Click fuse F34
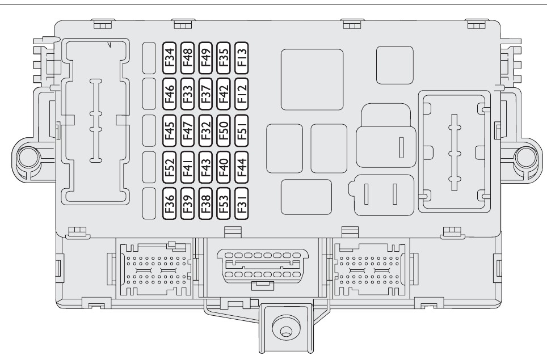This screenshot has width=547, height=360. (169, 57)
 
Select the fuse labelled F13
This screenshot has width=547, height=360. (242, 57)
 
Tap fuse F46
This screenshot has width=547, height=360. (169, 93)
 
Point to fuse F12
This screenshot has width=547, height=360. (242, 93)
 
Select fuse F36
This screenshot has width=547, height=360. (169, 202)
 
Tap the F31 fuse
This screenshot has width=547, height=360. (242, 202)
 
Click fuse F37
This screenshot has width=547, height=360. (205, 93)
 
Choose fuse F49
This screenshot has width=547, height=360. (205, 57)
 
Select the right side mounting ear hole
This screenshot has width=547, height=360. (523, 155)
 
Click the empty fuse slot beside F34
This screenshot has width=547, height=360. (149, 57)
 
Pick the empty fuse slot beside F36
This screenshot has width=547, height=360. (149, 202)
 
